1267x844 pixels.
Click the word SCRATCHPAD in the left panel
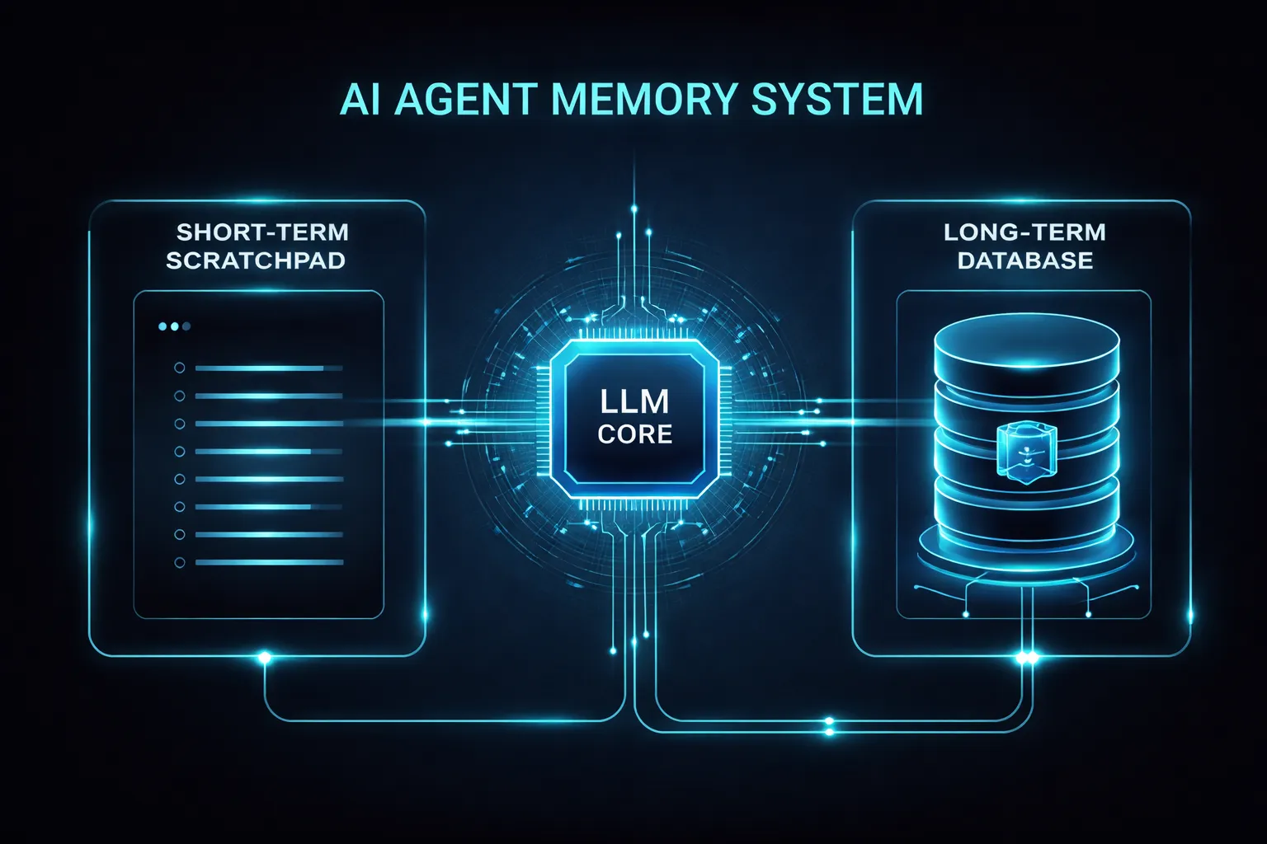pyautogui.click(x=256, y=260)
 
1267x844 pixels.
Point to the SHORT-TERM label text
pyautogui.click(x=262, y=232)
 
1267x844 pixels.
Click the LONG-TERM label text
pyautogui.click(x=1024, y=232)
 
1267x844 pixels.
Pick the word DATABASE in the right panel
pyautogui.click(x=1025, y=260)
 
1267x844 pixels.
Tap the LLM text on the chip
pyautogui.click(x=634, y=401)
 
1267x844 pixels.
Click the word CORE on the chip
pyautogui.click(x=634, y=434)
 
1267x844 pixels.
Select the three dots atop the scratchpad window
pyautogui.click(x=174, y=326)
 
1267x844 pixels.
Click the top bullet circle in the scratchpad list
pyautogui.click(x=180, y=368)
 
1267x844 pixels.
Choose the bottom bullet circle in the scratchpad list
pyautogui.click(x=180, y=563)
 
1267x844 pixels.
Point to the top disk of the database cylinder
pyautogui.click(x=1026, y=342)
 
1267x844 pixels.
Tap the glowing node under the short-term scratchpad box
pyautogui.click(x=265, y=657)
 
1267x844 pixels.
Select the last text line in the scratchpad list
pyautogui.click(x=268, y=563)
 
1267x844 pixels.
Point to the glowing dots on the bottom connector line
pyautogui.click(x=829, y=726)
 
